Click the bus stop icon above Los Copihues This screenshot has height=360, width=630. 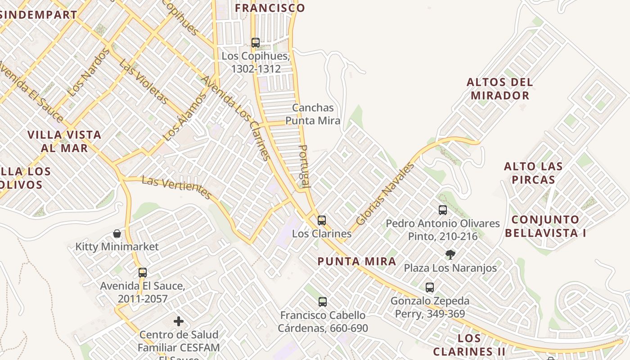[256, 43]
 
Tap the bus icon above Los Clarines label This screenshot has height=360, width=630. [322, 220]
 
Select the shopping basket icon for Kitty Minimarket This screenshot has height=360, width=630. [117, 234]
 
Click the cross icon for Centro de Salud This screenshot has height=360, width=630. [179, 321]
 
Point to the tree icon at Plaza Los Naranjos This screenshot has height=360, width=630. [450, 255]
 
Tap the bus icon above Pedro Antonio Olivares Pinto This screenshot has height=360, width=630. [443, 210]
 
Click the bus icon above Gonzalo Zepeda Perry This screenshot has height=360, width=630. [430, 288]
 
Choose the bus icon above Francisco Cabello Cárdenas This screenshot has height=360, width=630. [323, 302]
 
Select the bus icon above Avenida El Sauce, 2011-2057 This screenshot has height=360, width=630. [143, 273]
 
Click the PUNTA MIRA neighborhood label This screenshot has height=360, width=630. [357, 261]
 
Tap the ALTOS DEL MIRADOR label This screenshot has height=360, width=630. [500, 89]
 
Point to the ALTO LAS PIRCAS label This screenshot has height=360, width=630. [533, 173]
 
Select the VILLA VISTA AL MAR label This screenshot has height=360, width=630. [64, 141]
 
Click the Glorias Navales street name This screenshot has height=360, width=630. [385, 194]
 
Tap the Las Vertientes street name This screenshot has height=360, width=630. [176, 188]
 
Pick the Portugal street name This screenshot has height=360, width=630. [305, 166]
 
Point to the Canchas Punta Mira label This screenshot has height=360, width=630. [313, 114]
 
